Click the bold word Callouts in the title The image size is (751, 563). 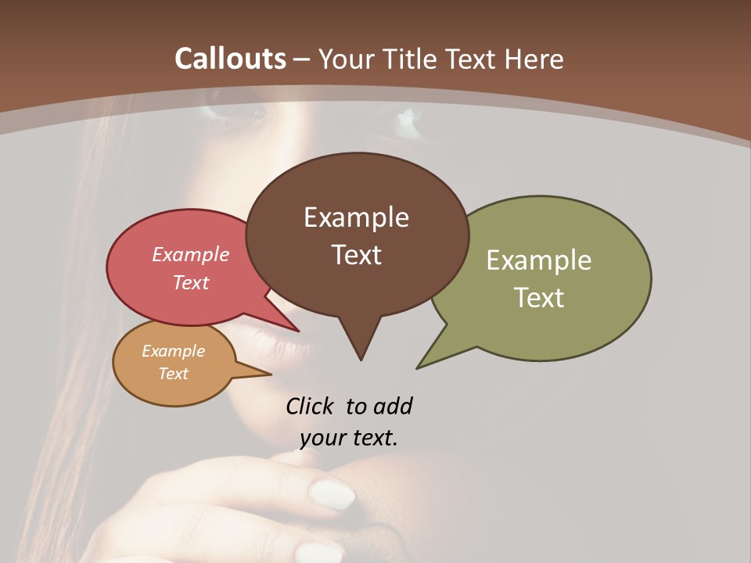pos(230,59)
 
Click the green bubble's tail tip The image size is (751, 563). pos(419,367)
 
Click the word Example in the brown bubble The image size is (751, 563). pos(356,217)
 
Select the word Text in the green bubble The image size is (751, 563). pos(539,298)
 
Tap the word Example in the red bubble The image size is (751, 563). pos(191,254)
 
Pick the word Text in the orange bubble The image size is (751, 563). pos(174,374)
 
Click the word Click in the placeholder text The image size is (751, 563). pos(311,407)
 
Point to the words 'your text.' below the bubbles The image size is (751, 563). pos(349,438)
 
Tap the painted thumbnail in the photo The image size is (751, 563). pos(332,494)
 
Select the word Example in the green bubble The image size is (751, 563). pos(539,260)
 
